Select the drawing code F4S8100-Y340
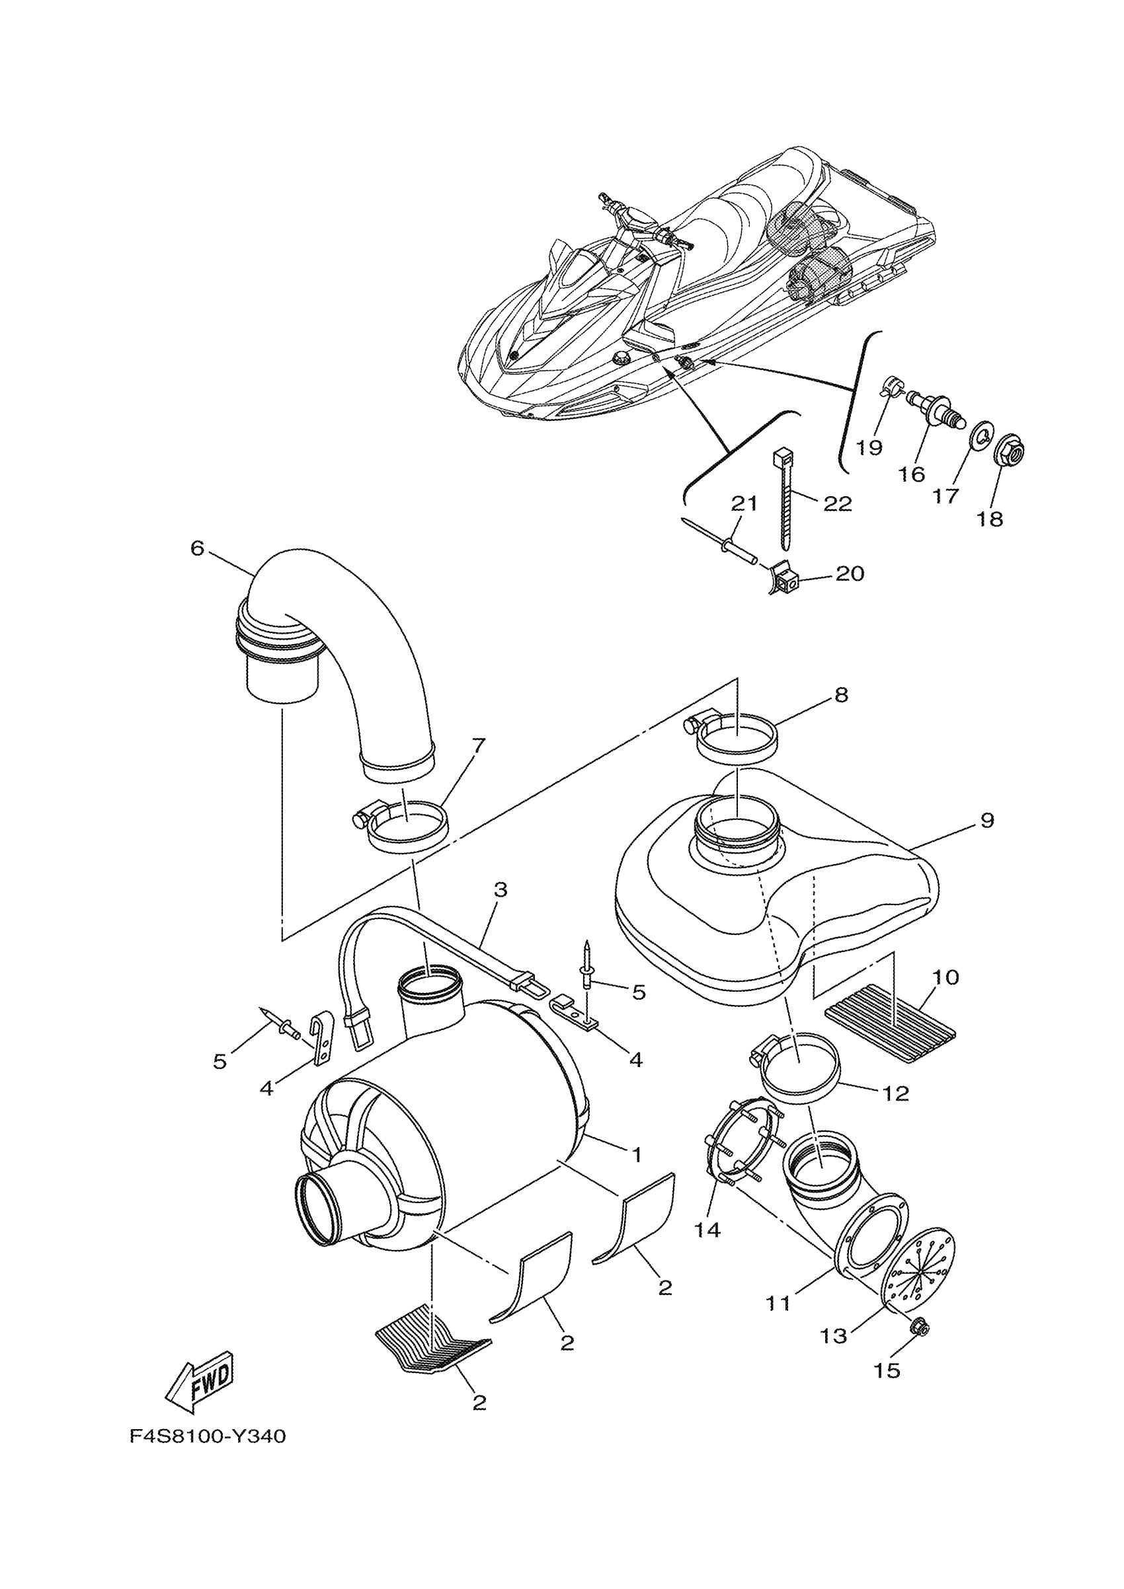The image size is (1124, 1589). [208, 1437]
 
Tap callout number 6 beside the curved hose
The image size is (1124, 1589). [198, 548]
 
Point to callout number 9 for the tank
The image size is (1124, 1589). [987, 820]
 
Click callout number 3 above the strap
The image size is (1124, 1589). [501, 890]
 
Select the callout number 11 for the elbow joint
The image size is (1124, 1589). [778, 1304]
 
